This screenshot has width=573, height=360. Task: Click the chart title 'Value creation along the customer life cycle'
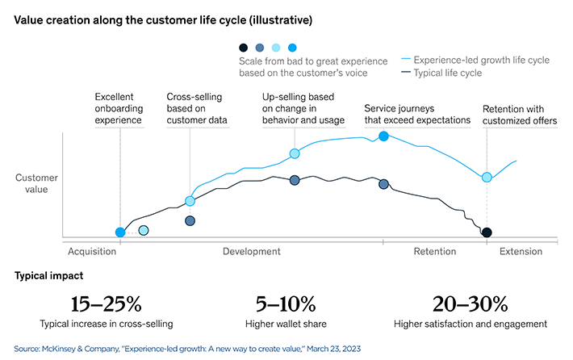153,19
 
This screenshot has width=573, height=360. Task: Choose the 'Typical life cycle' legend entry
447,73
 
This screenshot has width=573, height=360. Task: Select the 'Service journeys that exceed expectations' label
416,114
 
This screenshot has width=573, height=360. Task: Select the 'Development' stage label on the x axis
251,252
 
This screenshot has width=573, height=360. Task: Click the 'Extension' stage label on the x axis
521,252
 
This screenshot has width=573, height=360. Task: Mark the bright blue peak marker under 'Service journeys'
384,136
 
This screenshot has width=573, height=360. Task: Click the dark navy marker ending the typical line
487,232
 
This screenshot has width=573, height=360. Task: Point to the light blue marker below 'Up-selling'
295,153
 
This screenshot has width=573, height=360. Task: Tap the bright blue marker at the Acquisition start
120,232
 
